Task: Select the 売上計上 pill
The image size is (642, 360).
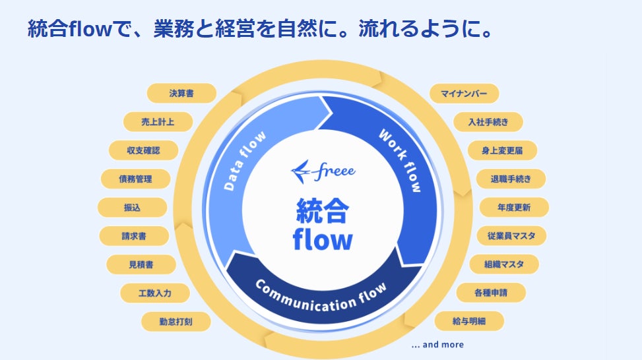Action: [x=158, y=122]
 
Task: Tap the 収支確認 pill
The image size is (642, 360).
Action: [x=143, y=150]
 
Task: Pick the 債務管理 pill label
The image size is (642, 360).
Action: [x=135, y=179]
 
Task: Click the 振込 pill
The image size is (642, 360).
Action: [x=132, y=207]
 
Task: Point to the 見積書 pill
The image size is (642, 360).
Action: [x=142, y=264]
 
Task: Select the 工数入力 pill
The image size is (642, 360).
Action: [x=155, y=293]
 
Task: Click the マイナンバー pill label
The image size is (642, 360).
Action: [x=465, y=94]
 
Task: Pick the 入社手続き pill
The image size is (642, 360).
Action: [x=489, y=122]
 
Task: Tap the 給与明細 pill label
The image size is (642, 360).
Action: [x=469, y=321]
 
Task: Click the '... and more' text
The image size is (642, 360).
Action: [x=437, y=344]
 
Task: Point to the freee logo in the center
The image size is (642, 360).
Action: [x=323, y=171]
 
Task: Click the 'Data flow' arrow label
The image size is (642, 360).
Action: [x=245, y=161]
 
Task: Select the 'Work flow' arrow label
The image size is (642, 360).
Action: [x=400, y=161]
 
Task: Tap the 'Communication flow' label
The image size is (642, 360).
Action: [x=319, y=297]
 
